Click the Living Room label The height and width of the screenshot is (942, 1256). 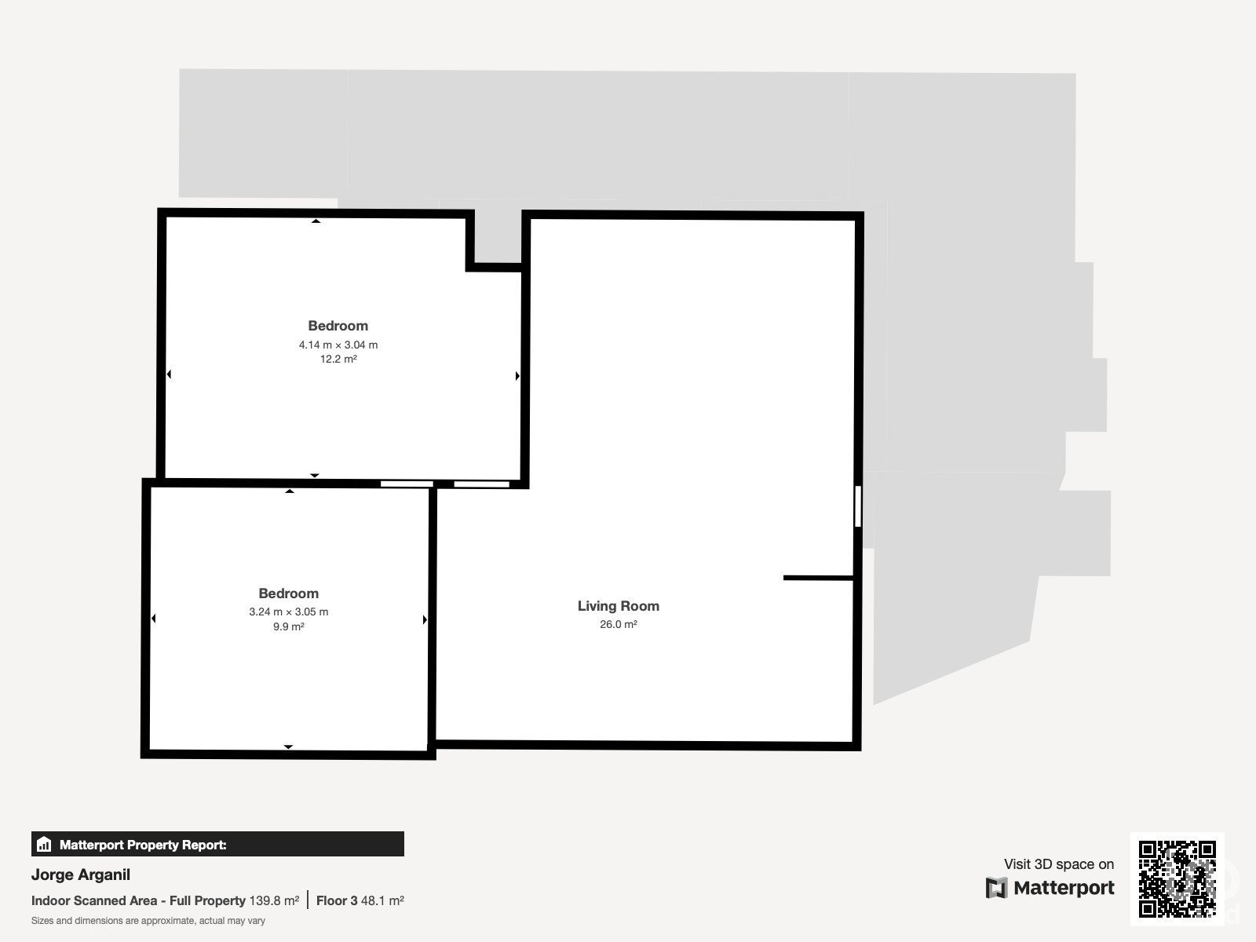click(618, 606)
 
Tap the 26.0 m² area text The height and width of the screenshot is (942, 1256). click(618, 624)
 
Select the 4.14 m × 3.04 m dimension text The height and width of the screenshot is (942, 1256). click(338, 345)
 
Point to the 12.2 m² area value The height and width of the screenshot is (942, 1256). click(338, 360)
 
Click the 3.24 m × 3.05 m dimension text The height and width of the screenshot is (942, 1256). click(288, 612)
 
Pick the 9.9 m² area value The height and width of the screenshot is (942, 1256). click(288, 626)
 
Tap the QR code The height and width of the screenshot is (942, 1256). click(1177, 878)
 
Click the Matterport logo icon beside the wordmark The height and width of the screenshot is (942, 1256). click(996, 888)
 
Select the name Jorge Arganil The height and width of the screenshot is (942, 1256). click(81, 874)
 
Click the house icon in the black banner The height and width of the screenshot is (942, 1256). click(44, 844)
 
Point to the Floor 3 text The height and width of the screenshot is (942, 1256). click(337, 901)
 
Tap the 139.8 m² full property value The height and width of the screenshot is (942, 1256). click(274, 901)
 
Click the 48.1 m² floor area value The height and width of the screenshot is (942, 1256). click(382, 901)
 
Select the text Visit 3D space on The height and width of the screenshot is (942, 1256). click(1059, 864)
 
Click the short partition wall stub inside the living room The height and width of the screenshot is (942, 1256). click(818, 578)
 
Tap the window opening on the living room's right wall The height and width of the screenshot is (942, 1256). click(858, 506)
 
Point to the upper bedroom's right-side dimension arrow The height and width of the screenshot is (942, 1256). click(517, 376)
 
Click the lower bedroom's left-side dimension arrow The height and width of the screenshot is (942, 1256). click(153, 619)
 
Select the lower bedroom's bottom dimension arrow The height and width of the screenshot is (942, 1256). click(288, 747)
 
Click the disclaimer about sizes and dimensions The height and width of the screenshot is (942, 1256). click(148, 921)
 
